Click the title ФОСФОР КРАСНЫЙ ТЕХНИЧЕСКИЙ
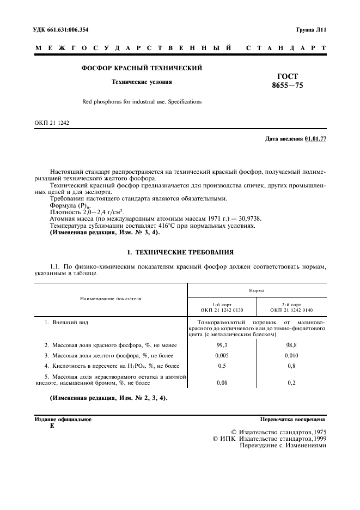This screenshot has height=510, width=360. [x=142, y=69]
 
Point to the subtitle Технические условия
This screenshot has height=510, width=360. [x=142, y=82]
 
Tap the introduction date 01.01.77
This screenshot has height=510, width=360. [x=315, y=139]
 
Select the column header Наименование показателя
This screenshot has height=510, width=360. [x=111, y=299]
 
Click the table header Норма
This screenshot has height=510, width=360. [x=257, y=290]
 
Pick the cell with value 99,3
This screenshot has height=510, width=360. [x=222, y=345]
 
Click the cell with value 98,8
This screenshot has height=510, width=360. [x=291, y=345]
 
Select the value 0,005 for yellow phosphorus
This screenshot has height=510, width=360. [x=222, y=355]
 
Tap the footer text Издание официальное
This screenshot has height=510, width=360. [x=63, y=420]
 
